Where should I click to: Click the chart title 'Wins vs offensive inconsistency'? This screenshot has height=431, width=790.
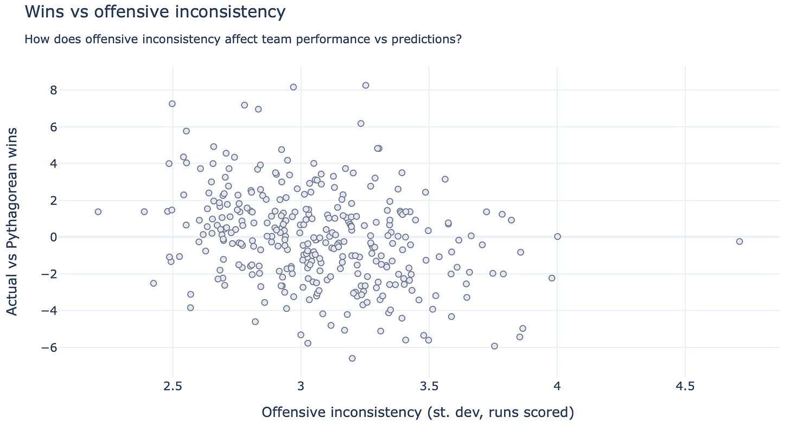point(155,11)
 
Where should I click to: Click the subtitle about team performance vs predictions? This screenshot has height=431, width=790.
point(243,40)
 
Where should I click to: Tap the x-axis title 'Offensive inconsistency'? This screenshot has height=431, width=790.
point(417,413)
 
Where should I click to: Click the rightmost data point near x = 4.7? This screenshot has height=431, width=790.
point(739,241)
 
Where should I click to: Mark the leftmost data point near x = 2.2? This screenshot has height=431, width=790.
point(98,211)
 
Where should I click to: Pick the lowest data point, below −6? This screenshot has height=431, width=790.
point(352,358)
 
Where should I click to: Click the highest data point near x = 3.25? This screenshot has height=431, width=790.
point(366,85)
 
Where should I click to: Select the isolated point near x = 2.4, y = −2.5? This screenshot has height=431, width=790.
point(154,283)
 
